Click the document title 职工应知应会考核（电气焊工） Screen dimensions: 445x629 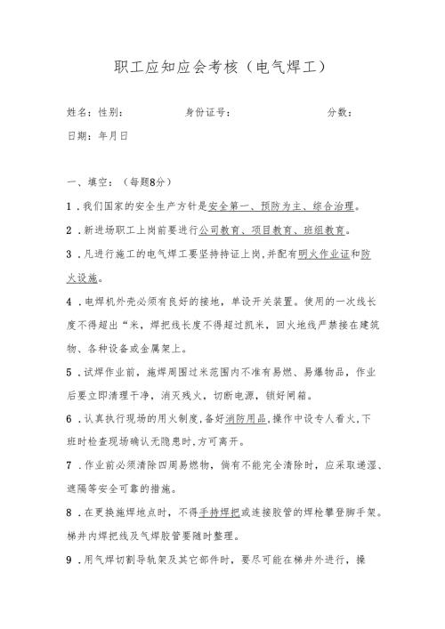[x=222, y=67]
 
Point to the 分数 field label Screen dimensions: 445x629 [x=340, y=113]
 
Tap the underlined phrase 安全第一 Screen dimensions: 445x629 [x=228, y=206]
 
